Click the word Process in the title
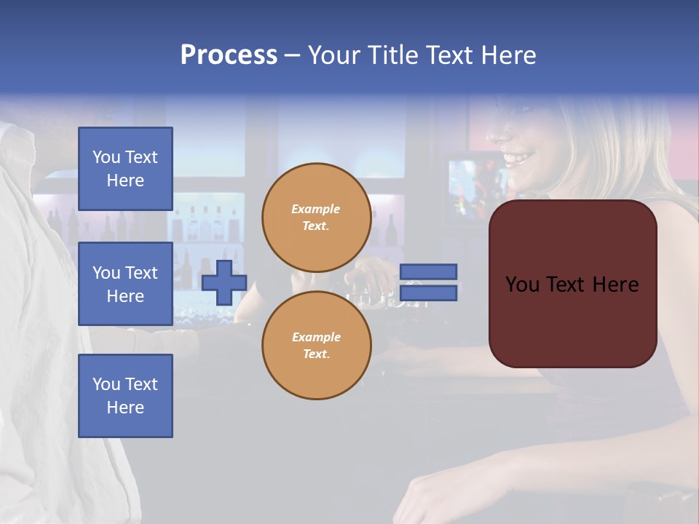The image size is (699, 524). pos(229,55)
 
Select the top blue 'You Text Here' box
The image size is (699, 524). pos(125,169)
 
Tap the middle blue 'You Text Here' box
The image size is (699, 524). pos(125,284)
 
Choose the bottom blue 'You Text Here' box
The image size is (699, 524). pos(125,395)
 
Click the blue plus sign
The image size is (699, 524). pos(224,282)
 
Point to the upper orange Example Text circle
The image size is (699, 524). pos(316,217)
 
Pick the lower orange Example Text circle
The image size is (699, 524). pos(316,345)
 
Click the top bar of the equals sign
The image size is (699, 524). pos(428,271)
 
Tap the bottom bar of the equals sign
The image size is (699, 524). pos(428,293)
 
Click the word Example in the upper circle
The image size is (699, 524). pos(316,209)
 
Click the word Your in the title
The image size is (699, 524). pos(332,55)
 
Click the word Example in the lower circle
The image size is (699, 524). pos(316,337)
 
